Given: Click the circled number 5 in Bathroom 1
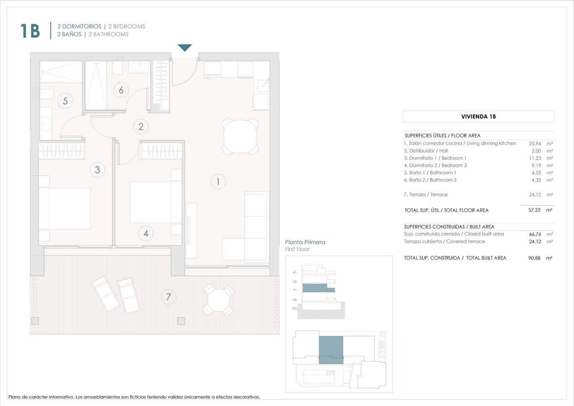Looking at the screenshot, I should click(65, 101).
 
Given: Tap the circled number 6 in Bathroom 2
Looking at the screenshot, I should click(121, 90).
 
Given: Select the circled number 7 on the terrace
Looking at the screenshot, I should click(169, 297).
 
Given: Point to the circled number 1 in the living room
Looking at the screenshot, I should click(218, 182).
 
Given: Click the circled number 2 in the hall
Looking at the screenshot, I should click(141, 127).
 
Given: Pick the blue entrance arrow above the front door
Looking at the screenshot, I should click(185, 48).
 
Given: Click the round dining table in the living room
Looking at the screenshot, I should click(240, 136).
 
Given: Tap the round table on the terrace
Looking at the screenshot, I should click(218, 300).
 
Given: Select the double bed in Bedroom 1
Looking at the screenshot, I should click(65, 208).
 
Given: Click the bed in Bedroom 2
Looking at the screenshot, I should click(150, 201).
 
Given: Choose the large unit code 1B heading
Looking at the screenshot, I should click(30, 31).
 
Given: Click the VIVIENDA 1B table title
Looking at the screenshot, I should click(478, 117).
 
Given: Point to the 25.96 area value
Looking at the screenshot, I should click(536, 144).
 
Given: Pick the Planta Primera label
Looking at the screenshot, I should click(305, 242).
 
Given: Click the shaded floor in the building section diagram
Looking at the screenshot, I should click(318, 288).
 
